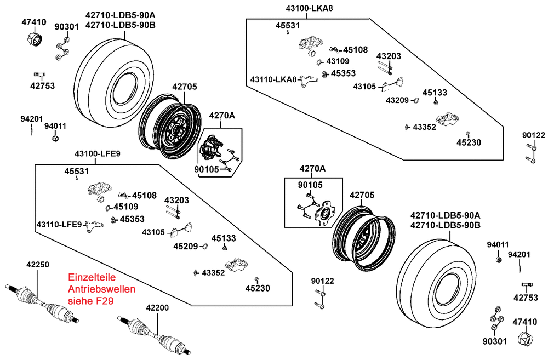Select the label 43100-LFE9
pos(98,153)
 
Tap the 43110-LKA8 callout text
pos(273,79)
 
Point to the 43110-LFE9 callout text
pos(59,225)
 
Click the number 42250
pos(37,264)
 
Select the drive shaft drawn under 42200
pos(156,335)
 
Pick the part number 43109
pos(338,61)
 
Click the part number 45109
pos(127,207)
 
